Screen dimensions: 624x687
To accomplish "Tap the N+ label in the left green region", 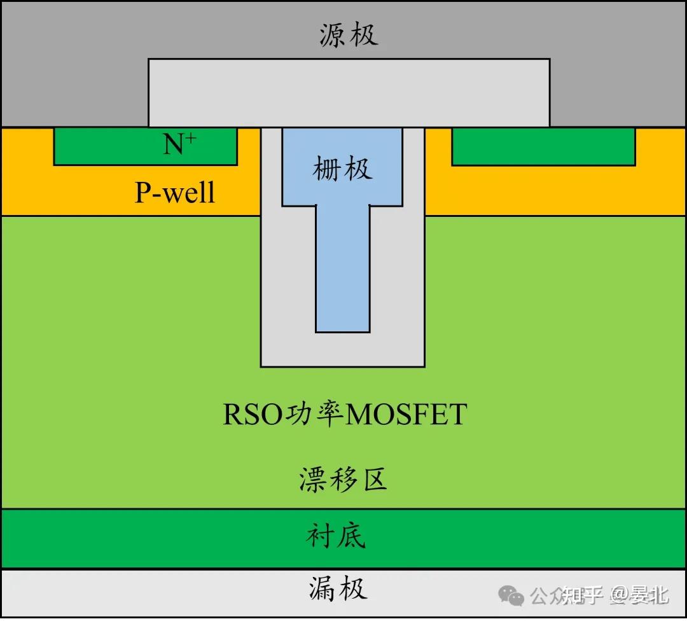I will [179, 145].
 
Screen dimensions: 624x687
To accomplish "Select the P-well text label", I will [175, 191].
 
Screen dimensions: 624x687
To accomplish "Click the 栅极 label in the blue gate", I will [342, 169].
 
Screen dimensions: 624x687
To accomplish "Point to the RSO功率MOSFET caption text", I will [345, 414].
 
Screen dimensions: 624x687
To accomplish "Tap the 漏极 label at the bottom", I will [338, 589].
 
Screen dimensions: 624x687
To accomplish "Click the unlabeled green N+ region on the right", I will [543, 146].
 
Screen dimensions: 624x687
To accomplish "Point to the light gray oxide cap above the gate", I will [349, 92].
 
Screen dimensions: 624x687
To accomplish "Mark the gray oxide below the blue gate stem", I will [343, 349].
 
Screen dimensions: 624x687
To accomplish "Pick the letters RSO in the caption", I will [252, 414].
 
